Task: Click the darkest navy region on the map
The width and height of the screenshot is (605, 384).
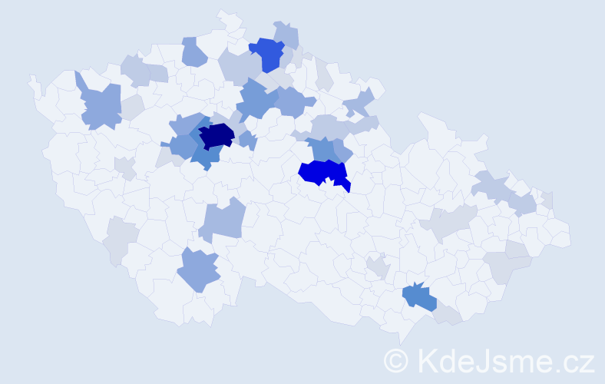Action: [x=216, y=135]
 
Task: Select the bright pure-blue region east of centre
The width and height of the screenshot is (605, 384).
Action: [x=321, y=172]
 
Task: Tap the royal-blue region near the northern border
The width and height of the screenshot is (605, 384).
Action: [x=268, y=53]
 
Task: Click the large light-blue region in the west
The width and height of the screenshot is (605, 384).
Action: [x=100, y=106]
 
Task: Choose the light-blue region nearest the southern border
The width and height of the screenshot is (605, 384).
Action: [x=198, y=270]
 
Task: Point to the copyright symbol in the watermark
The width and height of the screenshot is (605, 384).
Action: [x=396, y=359]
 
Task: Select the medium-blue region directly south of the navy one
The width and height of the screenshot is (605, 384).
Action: [x=205, y=156]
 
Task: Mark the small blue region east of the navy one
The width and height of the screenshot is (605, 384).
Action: [x=247, y=140]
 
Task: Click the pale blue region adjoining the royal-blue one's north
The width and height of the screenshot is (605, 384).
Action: [x=287, y=35]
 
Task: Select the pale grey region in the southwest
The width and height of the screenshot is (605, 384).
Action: [x=121, y=238]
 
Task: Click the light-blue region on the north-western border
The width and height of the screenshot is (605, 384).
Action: [x=193, y=51]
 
